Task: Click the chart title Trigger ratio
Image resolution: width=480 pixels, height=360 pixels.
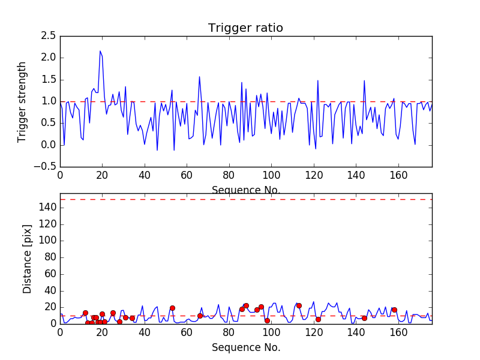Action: [x=245, y=28]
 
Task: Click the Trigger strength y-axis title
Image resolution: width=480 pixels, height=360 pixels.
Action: [x=22, y=101]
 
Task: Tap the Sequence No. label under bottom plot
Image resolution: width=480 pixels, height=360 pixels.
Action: [x=245, y=347]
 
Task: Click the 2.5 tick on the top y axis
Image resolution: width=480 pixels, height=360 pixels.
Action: [x=49, y=36]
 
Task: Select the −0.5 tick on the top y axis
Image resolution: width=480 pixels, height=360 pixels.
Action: [x=46, y=167]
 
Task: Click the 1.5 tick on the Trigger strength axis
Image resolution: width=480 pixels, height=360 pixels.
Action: [x=49, y=80]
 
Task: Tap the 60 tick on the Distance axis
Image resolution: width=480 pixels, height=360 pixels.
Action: [x=49, y=274]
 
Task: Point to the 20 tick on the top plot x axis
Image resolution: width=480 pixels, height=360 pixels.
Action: [x=102, y=176]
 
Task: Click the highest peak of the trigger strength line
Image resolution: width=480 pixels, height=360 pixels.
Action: [x=100, y=51]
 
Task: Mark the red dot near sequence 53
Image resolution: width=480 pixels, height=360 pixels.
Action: [x=172, y=308]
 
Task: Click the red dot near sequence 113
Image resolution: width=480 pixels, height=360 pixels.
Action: [x=299, y=305]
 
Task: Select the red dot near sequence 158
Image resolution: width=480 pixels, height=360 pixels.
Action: [x=394, y=310]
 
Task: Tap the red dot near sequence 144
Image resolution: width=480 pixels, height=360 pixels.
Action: [x=364, y=318]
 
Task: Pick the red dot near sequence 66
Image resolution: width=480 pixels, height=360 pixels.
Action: [x=200, y=316]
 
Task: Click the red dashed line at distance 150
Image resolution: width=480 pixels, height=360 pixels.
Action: [x=245, y=199]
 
